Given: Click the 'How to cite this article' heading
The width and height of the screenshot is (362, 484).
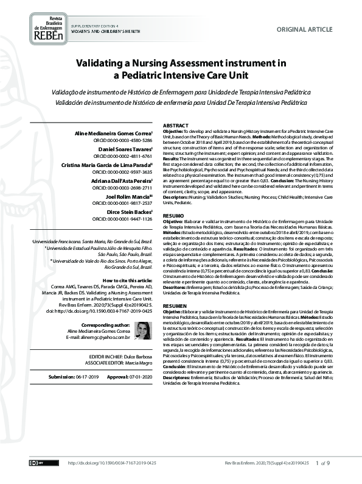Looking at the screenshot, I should (125, 262).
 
